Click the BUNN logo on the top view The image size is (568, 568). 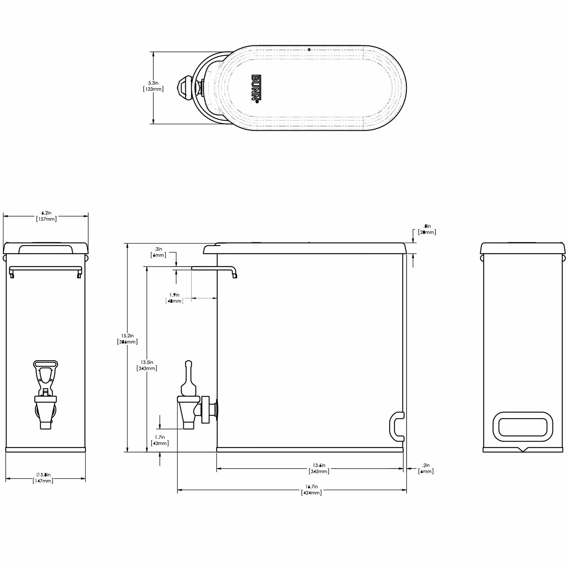(x=256, y=88)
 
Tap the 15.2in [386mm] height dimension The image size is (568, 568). (x=127, y=339)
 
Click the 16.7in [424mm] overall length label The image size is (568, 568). (x=311, y=490)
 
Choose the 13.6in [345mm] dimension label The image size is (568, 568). (x=319, y=468)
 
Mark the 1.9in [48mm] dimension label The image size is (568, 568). (x=175, y=298)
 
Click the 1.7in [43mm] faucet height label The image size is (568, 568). (x=160, y=440)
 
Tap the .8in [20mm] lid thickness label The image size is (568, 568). (x=427, y=229)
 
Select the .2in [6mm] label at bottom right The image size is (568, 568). (x=426, y=468)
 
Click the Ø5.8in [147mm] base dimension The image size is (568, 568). (x=44, y=477)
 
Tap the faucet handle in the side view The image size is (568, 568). (x=188, y=379)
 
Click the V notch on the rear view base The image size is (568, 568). (x=523, y=450)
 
